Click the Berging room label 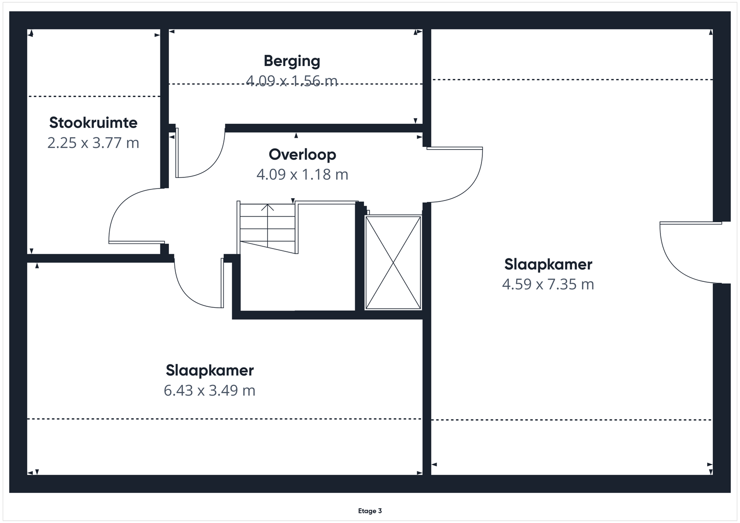pos(292,61)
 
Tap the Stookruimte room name pos(93,123)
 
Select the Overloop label pos(302,154)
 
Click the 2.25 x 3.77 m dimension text pos(93,143)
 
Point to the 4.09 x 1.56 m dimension pos(292,81)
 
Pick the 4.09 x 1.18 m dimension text pos(302,175)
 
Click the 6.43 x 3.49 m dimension pos(210,390)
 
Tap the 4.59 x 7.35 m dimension pos(548,284)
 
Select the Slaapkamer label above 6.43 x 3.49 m pos(210,370)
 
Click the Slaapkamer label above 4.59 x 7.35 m pos(548,264)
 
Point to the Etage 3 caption pos(370,511)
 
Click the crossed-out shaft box pos(393,262)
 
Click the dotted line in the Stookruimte pos(94,97)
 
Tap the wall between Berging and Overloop pos(324,128)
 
